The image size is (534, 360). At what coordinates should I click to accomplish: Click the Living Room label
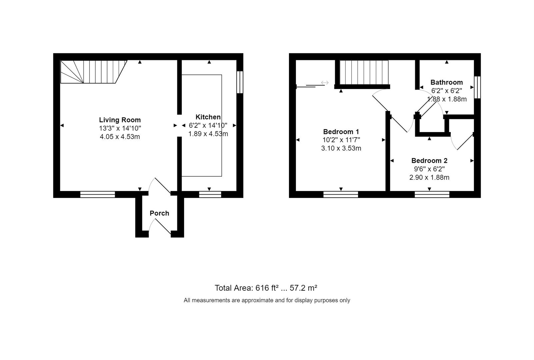pyautogui.click(x=120, y=120)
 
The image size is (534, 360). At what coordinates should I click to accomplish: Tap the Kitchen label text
pyautogui.click(x=208, y=117)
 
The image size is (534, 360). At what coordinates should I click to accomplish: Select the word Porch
pyautogui.click(x=159, y=213)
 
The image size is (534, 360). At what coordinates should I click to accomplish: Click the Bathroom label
pyautogui.click(x=446, y=82)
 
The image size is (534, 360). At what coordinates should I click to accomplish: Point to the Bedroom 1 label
pyautogui.click(x=341, y=132)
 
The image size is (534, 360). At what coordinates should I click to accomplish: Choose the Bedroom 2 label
pyautogui.click(x=429, y=161)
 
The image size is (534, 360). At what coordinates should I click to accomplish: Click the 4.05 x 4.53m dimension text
pyautogui.click(x=120, y=137)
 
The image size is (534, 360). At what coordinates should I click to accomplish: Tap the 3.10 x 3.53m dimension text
pyautogui.click(x=341, y=148)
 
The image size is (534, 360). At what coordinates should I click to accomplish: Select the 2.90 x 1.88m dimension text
pyautogui.click(x=429, y=177)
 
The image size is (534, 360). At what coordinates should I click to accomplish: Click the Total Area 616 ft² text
pyautogui.click(x=266, y=288)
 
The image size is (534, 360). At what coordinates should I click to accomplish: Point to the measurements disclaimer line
pyautogui.click(x=267, y=300)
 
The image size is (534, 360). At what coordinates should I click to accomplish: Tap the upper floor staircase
pyautogui.click(x=364, y=72)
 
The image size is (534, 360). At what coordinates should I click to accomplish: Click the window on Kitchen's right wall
pyautogui.click(x=240, y=82)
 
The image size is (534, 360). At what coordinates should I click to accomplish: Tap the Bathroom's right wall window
pyautogui.click(x=477, y=87)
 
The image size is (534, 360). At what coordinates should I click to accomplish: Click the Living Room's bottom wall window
pyautogui.click(x=98, y=194)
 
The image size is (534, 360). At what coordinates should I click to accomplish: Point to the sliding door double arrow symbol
pyautogui.click(x=325, y=83)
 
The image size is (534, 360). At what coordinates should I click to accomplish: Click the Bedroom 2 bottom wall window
pyautogui.click(x=432, y=194)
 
